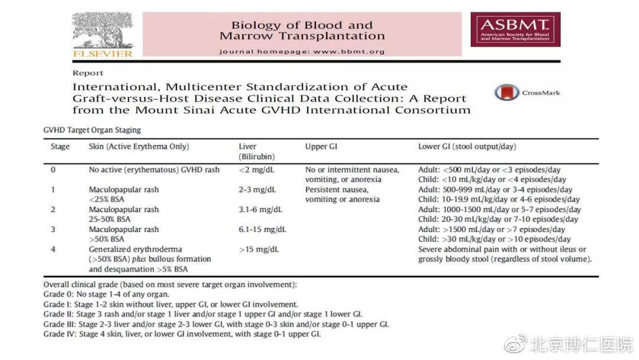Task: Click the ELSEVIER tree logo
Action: click(x=102, y=34)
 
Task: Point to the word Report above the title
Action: click(x=88, y=73)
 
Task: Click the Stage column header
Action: click(x=60, y=147)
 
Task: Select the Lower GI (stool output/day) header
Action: click(x=467, y=147)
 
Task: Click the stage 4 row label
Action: click(x=53, y=249)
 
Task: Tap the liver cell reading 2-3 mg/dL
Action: click(x=257, y=190)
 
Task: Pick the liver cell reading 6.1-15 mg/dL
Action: click(x=262, y=230)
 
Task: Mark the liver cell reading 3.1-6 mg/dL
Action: click(x=260, y=210)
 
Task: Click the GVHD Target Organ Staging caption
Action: click(x=92, y=130)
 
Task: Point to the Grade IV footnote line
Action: click(x=182, y=335)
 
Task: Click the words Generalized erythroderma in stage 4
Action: click(x=135, y=249)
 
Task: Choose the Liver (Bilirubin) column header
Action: click(x=256, y=152)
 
